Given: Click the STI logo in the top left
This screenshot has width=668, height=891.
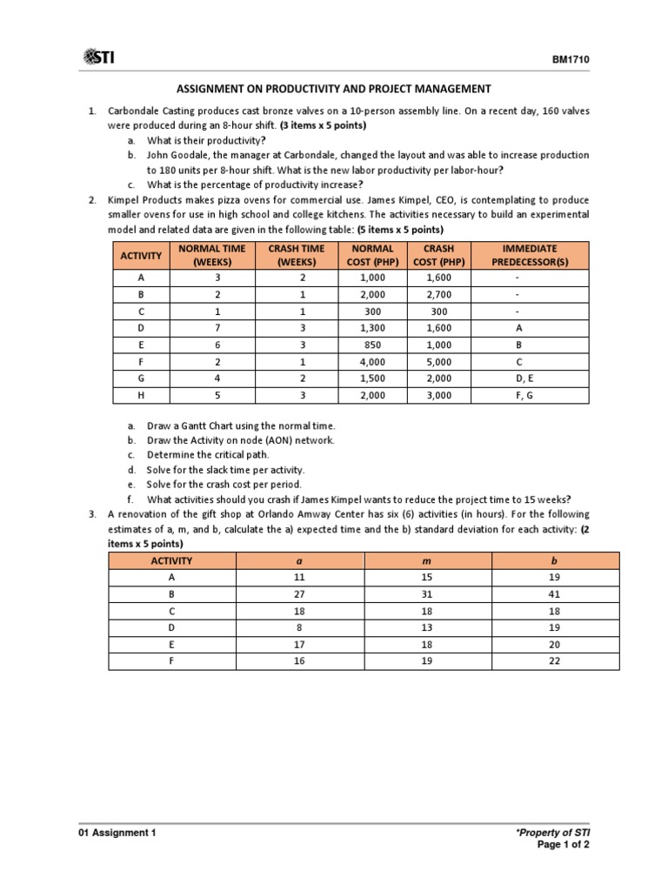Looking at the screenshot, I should pyautogui.click(x=98, y=57).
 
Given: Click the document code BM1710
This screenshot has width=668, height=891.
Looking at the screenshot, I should pyautogui.click(x=570, y=59).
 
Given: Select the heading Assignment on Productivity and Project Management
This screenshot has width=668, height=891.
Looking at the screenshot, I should pyautogui.click(x=335, y=89).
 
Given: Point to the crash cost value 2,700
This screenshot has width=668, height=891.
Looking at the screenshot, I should pyautogui.click(x=439, y=296).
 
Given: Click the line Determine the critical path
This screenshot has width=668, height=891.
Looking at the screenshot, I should pyautogui.click(x=208, y=455).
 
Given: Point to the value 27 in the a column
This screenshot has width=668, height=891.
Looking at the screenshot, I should pyautogui.click(x=300, y=593).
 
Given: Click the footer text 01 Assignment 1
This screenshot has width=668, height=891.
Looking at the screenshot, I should pyautogui.click(x=118, y=833).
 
